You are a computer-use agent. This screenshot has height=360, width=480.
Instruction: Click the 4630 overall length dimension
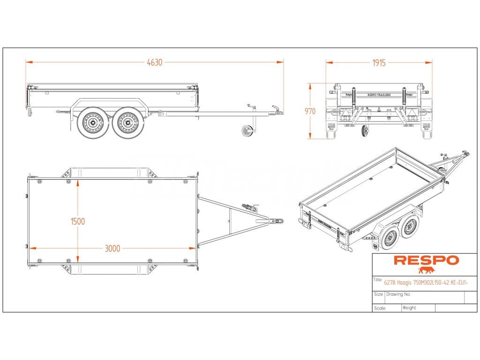(154, 62)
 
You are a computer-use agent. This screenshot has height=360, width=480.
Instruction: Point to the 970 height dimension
(310, 112)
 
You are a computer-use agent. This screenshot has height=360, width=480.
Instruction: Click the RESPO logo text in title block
(426, 260)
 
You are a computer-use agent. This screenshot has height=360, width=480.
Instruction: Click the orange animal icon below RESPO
(426, 270)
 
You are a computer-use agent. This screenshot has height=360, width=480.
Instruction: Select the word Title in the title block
(378, 280)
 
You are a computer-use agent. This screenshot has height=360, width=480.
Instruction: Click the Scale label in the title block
(380, 308)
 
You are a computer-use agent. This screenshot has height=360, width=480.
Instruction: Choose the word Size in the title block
(378, 294)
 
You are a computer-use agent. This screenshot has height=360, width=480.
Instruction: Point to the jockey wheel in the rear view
(365, 132)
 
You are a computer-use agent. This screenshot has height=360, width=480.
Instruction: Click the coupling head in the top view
(277, 220)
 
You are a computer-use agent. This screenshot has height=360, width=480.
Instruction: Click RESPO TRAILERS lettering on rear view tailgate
(379, 94)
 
